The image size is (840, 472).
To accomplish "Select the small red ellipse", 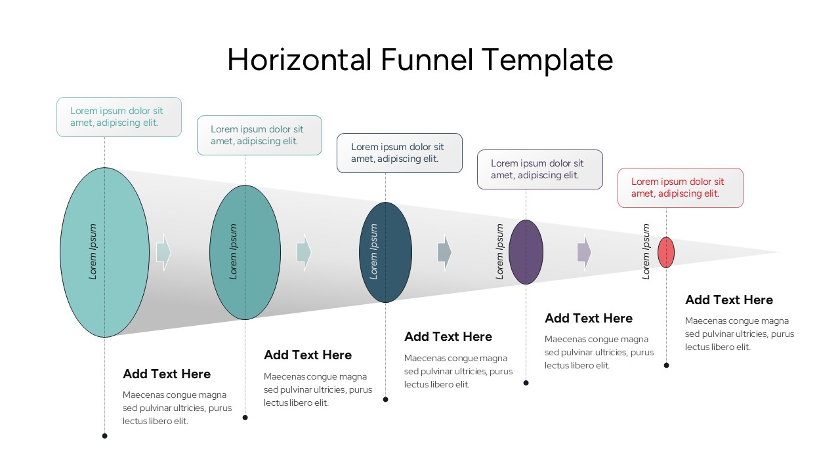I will pos(666,252).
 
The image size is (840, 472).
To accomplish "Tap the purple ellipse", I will pos(526,252).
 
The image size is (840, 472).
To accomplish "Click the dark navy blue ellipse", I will pos(385,252).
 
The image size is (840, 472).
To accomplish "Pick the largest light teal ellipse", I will pos(104,252).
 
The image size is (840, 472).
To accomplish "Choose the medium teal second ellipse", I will pos(245,252).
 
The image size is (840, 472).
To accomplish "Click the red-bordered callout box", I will pos(680,188).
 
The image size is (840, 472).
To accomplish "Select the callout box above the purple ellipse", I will pos(539,170).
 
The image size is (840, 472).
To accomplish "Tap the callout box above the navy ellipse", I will pos(399,153).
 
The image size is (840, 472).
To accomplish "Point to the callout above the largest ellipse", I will pos(119,117).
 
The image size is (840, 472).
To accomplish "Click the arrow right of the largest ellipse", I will pos(163,252).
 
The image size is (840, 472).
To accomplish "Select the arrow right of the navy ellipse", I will pos(444,252).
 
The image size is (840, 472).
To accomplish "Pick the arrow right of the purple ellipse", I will pos(584,252).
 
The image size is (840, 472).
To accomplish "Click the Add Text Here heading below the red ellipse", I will pos(729,300).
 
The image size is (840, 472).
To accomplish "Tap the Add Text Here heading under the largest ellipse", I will pos(167,374).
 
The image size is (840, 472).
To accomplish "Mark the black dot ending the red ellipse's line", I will pos(666,365).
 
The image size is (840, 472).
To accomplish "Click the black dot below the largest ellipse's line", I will pos(104,436).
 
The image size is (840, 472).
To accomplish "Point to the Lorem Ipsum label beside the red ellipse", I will pos(646,252).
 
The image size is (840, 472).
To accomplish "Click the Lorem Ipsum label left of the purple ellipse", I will pos(500,252).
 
